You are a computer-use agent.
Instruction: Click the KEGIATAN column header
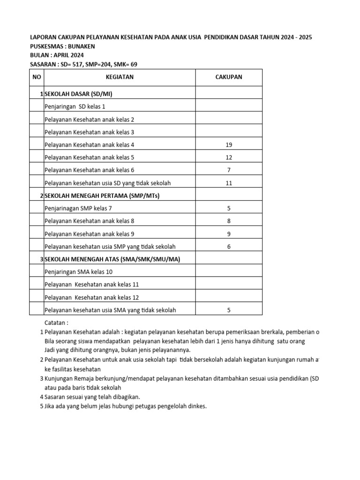(119, 77)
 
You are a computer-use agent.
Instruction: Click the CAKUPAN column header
(229, 77)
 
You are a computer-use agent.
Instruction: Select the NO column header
(36, 77)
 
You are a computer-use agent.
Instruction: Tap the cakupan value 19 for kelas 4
(229, 145)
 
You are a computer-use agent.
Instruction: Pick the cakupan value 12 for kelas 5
(229, 157)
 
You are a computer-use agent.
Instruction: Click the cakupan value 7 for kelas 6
(229, 170)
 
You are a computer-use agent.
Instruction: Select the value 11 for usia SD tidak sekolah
(229, 183)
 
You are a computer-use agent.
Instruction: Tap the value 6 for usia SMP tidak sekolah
(229, 247)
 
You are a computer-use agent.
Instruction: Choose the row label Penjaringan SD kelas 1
(75, 107)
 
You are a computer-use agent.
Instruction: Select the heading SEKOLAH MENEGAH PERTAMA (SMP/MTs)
(102, 196)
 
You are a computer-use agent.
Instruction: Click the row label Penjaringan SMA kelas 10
(78, 272)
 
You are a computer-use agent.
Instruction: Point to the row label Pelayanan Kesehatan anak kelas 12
(91, 298)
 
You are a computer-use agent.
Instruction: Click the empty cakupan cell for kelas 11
(229, 285)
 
